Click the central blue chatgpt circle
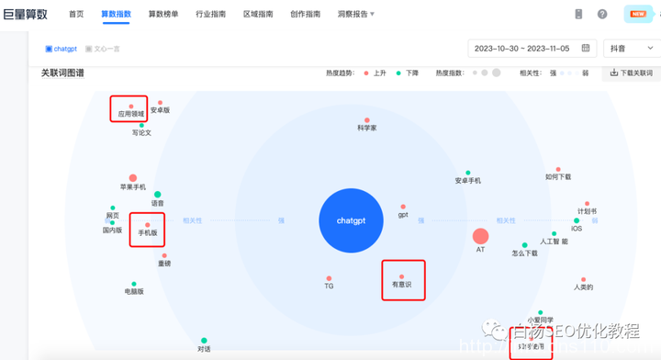point(350,220)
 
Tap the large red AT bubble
point(480,237)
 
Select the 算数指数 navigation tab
point(116,15)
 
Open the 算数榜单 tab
point(163,15)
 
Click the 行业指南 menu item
point(211,15)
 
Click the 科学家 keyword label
point(367,128)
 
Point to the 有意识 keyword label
point(402,285)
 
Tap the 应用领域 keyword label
point(130,115)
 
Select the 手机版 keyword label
point(147,233)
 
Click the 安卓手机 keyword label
point(467,181)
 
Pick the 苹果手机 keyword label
point(133,186)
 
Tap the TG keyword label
point(329,286)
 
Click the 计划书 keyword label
point(587,210)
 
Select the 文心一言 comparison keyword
point(106,49)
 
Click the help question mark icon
point(602,15)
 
